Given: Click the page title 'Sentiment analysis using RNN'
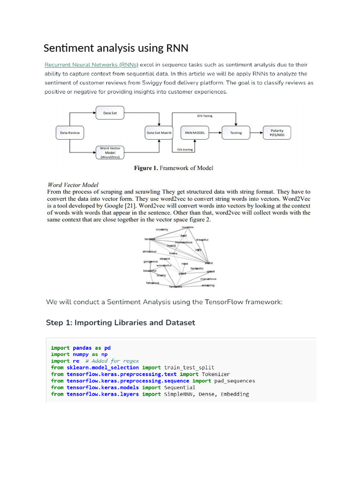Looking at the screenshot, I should [x=116, y=48].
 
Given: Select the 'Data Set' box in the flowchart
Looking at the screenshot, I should [x=110, y=112].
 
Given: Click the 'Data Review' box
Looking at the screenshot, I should [x=70, y=133].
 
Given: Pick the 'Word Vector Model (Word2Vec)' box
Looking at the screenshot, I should [x=110, y=153].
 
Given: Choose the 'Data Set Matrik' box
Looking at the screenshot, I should [x=159, y=133].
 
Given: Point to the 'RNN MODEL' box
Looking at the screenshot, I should [x=195, y=133].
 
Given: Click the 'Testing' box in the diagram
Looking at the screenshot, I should [x=236, y=133].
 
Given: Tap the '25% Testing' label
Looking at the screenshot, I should [x=204, y=115].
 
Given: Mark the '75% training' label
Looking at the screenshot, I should [x=185, y=150].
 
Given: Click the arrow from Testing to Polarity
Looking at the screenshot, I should [x=256, y=133].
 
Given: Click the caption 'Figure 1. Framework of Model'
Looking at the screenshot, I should [x=174, y=168].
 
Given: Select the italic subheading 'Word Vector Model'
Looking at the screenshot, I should [x=73, y=185].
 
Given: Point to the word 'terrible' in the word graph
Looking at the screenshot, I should [x=149, y=239].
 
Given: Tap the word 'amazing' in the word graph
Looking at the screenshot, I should [x=208, y=285].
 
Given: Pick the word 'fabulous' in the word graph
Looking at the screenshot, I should [x=152, y=283].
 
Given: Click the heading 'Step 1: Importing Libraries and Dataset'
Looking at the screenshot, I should [x=120, y=322].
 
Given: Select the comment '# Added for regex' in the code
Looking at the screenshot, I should [x=112, y=361].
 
